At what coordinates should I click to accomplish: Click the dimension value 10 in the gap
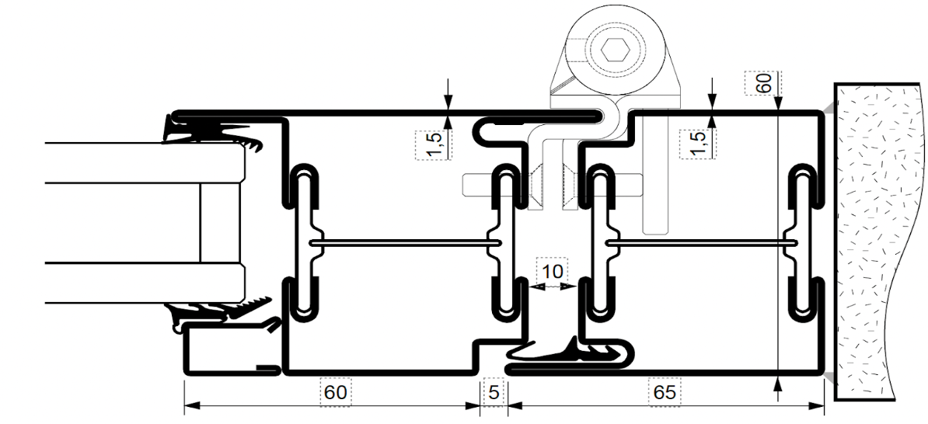[553, 272]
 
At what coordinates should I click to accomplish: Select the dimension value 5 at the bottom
[492, 392]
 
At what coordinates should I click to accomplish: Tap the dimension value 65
[665, 393]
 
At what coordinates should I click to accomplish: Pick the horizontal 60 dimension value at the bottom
[335, 393]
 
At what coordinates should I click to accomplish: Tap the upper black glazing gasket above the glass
[210, 130]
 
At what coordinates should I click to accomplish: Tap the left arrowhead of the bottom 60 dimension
[190, 405]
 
